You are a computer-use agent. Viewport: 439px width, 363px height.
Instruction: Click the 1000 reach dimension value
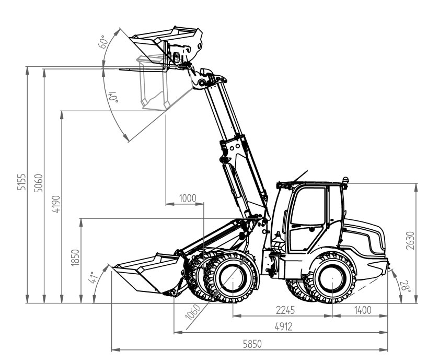tap(187, 198)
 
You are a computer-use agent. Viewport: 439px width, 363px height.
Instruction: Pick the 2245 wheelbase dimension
tap(284, 310)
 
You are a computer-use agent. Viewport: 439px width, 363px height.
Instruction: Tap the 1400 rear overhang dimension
tap(362, 310)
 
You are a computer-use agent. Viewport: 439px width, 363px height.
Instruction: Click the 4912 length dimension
tap(283, 326)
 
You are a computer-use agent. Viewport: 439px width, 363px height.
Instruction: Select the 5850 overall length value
tap(251, 344)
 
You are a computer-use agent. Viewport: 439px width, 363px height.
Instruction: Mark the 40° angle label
tap(112, 98)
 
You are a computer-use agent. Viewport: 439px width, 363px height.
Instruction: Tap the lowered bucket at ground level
tap(141, 274)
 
